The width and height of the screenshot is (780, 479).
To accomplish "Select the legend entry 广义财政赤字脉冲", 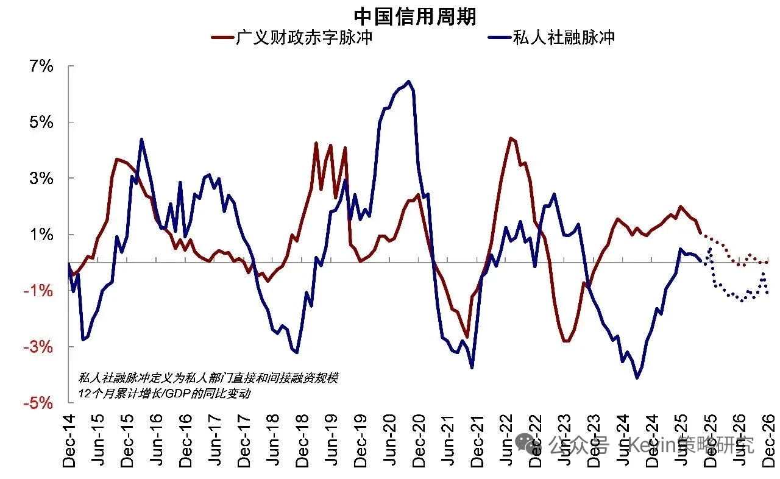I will [x=292, y=38].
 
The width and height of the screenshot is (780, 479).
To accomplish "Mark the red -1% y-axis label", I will [x=38, y=291].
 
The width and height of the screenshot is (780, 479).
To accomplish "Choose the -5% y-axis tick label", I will [x=38, y=403].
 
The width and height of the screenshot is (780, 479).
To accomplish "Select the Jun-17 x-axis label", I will [x=214, y=442].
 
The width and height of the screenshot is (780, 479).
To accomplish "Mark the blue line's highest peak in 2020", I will [x=408, y=81].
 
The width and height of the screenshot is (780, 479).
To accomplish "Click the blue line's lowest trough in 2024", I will [x=637, y=378].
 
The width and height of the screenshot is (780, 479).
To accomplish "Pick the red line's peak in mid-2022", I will [x=511, y=138].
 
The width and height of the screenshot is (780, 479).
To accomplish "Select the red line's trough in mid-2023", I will [x=566, y=341].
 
